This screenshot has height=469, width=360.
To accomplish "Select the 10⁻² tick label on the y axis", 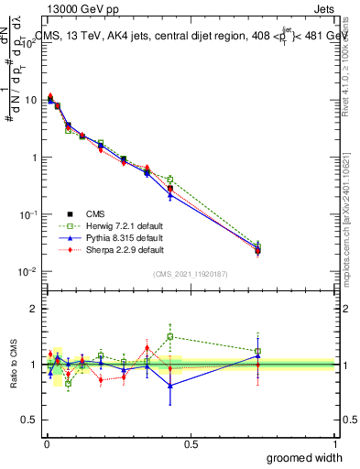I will tap(28, 271).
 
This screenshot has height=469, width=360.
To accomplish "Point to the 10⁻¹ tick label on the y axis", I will tap(28, 213).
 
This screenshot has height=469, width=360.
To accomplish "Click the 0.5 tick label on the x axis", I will tap(190, 443).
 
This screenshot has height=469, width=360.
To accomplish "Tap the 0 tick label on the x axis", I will tap(45, 443).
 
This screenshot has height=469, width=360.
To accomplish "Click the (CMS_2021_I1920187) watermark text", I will tap(189, 274).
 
